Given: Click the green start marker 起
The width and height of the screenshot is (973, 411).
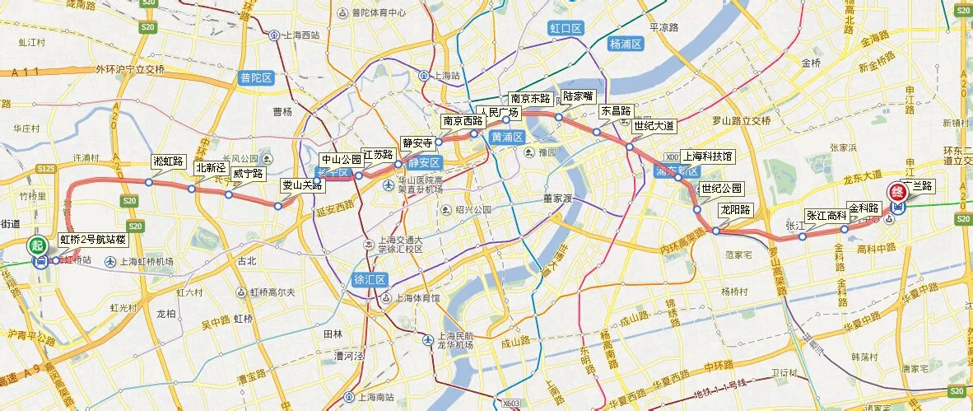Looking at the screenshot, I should tap(36, 245).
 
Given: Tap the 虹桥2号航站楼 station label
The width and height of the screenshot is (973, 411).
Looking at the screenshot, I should tap(94, 241).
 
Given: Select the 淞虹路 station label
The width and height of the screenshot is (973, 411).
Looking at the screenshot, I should tap(169, 161).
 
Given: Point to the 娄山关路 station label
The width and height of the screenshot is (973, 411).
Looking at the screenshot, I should tap(302, 185).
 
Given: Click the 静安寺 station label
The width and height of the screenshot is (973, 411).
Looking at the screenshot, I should tap(417, 142).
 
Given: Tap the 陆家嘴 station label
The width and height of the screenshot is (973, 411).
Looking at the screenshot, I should tap(577, 96).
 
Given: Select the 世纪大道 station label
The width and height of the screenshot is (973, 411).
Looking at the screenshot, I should tap(654, 126).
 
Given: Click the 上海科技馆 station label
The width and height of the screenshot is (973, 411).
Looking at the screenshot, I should tap(707, 156).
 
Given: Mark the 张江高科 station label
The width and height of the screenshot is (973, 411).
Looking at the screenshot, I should tap(826, 215).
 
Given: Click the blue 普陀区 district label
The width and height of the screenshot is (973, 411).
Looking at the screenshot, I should tap(256, 77).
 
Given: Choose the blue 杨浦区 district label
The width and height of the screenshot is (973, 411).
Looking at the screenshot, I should tap(626, 43).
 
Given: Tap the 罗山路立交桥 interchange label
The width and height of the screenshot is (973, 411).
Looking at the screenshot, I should tap(737, 121).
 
